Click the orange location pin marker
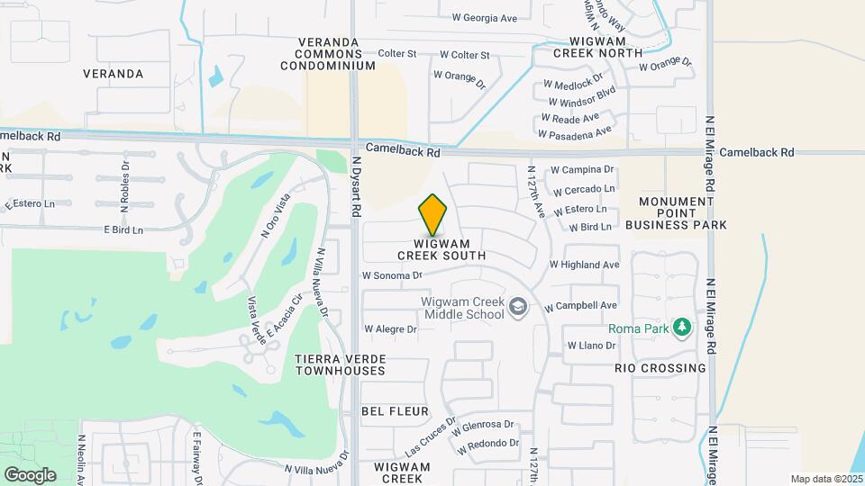pyautogui.click(x=433, y=214)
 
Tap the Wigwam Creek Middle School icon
pyautogui.click(x=518, y=308)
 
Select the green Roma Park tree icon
pyautogui.click(x=683, y=328)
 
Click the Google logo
pyautogui.click(x=30, y=474)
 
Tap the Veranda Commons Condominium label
pyautogui.click(x=327, y=54)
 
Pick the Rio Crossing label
pyautogui.click(x=660, y=368)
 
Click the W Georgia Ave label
pyautogui.click(x=485, y=17)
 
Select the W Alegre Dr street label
pyautogui.click(x=391, y=329)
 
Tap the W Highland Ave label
pyautogui.click(x=585, y=265)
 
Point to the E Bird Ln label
pyautogui.click(x=123, y=230)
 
